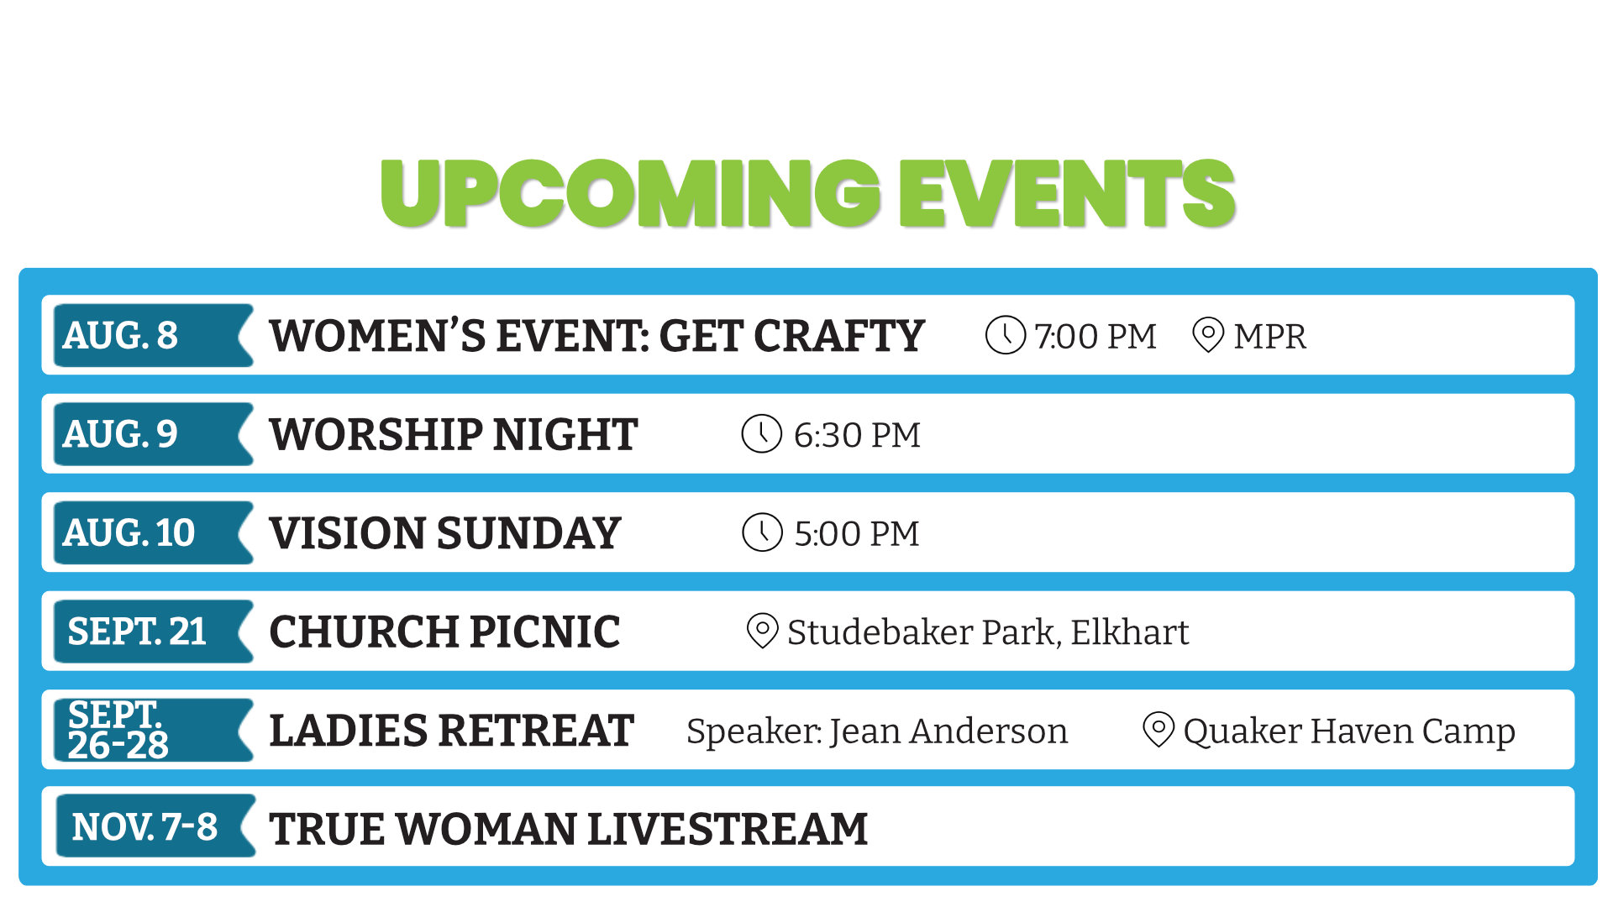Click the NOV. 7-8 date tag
pyautogui.click(x=155, y=826)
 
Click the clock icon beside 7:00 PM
pyautogui.click(x=1005, y=335)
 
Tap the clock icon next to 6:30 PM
pyautogui.click(x=762, y=434)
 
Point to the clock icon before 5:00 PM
pyautogui.click(x=762, y=533)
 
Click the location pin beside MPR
pyautogui.click(x=1208, y=335)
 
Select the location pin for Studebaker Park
pyautogui.click(x=762, y=631)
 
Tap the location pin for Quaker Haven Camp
pyautogui.click(x=1159, y=730)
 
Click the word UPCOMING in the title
pyautogui.click(x=631, y=194)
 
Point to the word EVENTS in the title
pyautogui.click(x=1067, y=194)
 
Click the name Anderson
pyautogui.click(x=988, y=731)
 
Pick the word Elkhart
pyautogui.click(x=1129, y=632)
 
